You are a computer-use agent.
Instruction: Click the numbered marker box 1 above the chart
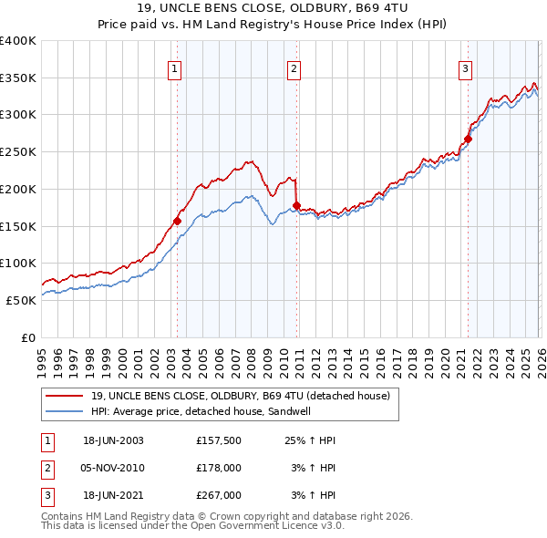(x=174, y=67)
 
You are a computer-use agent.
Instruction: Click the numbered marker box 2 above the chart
(x=294, y=67)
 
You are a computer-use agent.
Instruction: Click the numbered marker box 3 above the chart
(x=465, y=67)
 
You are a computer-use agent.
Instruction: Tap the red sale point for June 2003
(x=178, y=221)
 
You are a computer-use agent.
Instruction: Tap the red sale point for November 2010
(x=297, y=205)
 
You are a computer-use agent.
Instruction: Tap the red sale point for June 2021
(x=468, y=140)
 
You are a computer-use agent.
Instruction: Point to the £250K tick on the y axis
(x=18, y=152)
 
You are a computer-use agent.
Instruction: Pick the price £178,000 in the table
(x=219, y=468)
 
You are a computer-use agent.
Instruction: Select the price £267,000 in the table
(x=219, y=495)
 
